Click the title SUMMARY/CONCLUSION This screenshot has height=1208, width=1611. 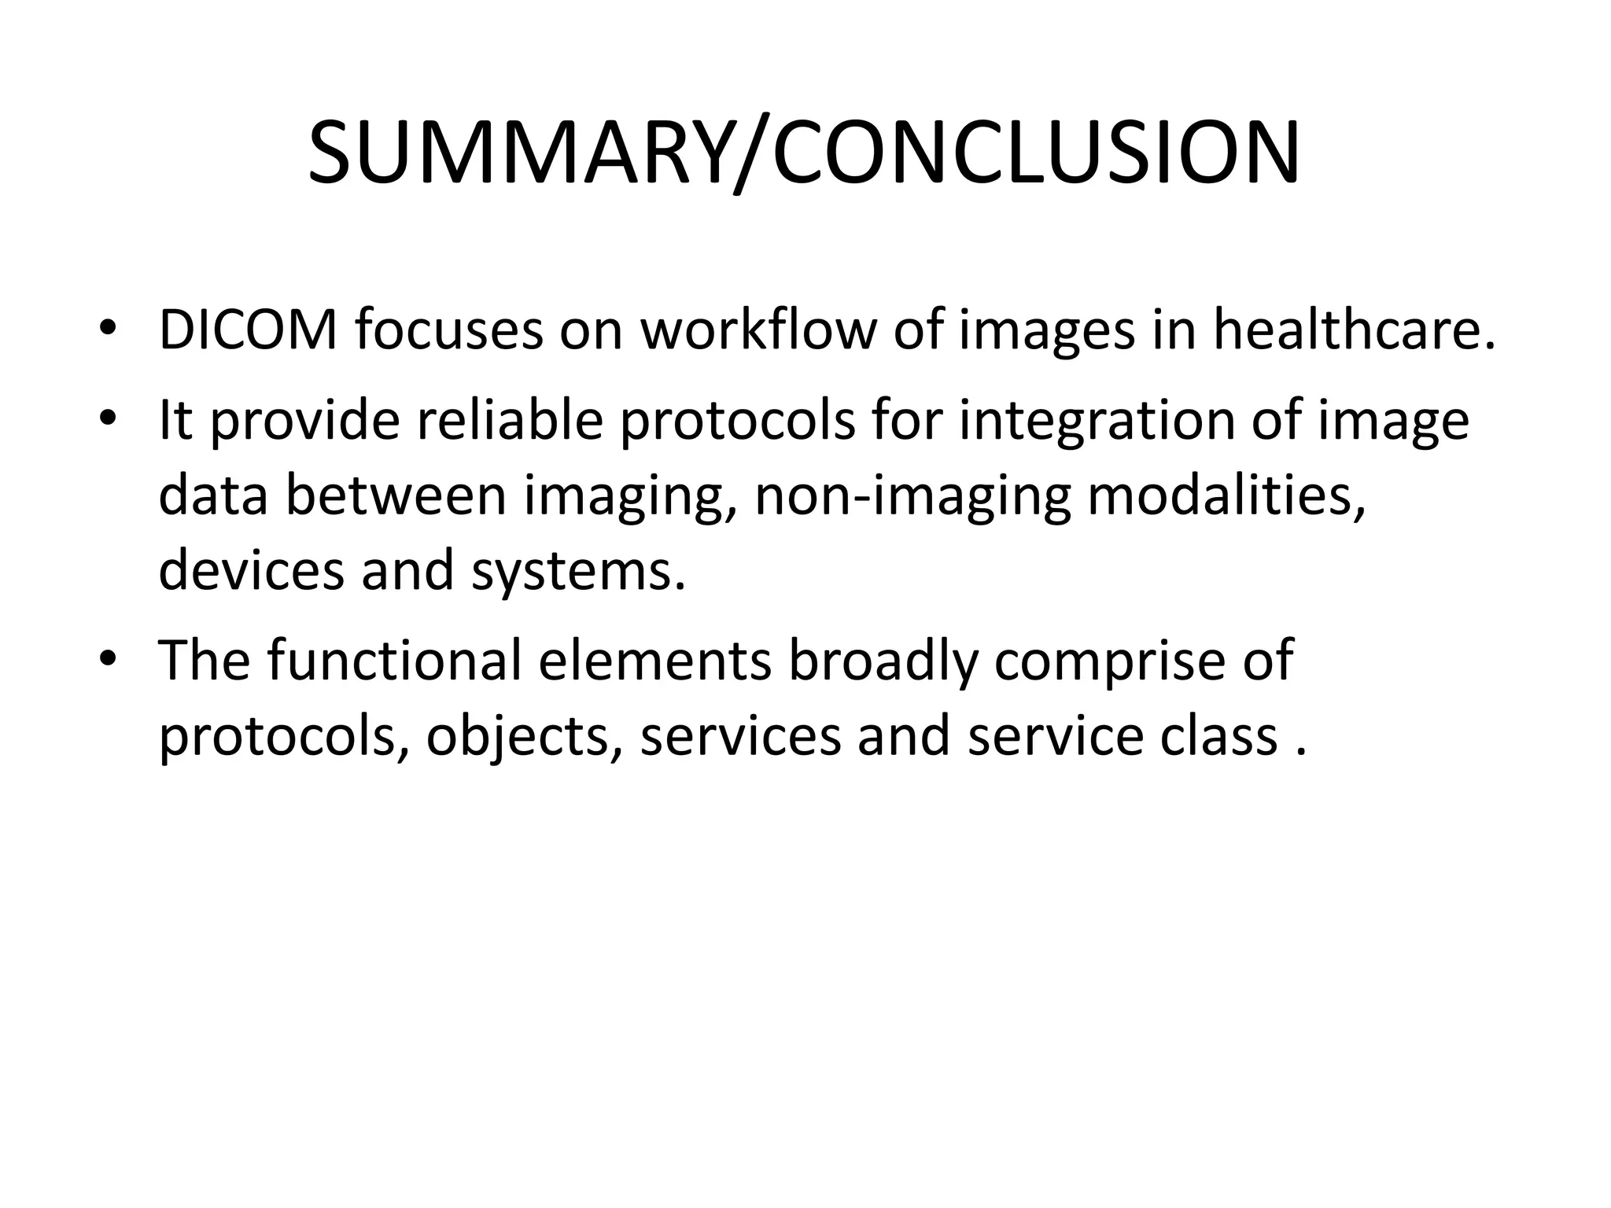(804, 153)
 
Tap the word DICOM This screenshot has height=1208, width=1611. (248, 330)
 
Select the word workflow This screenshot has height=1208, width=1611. (758, 330)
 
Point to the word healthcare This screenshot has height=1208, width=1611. (1354, 330)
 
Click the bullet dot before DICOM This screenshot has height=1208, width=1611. (108, 328)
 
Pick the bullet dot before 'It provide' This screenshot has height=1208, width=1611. (108, 418)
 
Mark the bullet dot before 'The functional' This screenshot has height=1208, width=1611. (108, 657)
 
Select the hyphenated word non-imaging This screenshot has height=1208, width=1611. (912, 496)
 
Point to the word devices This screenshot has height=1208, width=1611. (251, 569)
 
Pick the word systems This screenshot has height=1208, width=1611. (578, 571)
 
